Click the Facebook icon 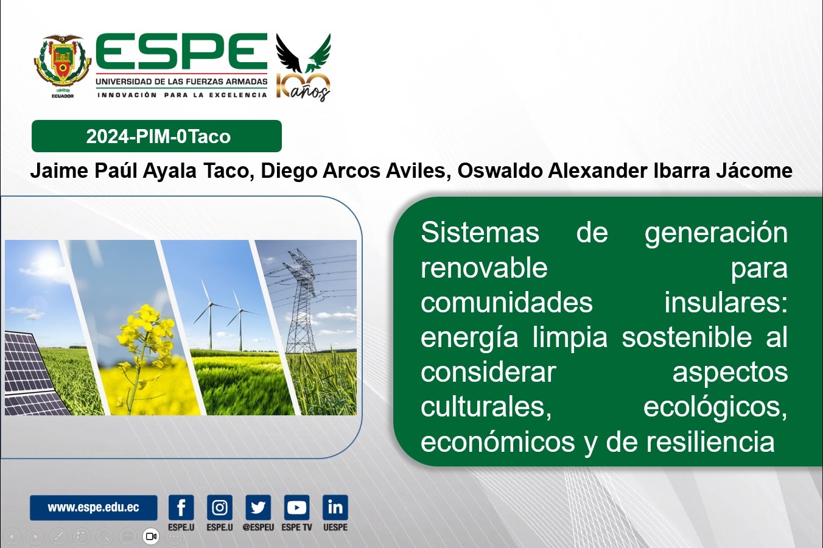coord(181,508)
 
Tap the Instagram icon coord(220,508)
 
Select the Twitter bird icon coord(258,508)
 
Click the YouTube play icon coord(297,508)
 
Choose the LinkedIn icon coord(335,508)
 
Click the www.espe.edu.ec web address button coord(94,508)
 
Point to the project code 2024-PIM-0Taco coord(158,136)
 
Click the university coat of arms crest coord(63,65)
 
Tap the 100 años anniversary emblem coord(304,67)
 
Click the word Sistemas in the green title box coord(480,233)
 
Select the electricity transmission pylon coord(301,301)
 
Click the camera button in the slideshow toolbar coord(151,536)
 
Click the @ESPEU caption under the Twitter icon coord(258,527)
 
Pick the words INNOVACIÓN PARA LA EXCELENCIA coord(182,95)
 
